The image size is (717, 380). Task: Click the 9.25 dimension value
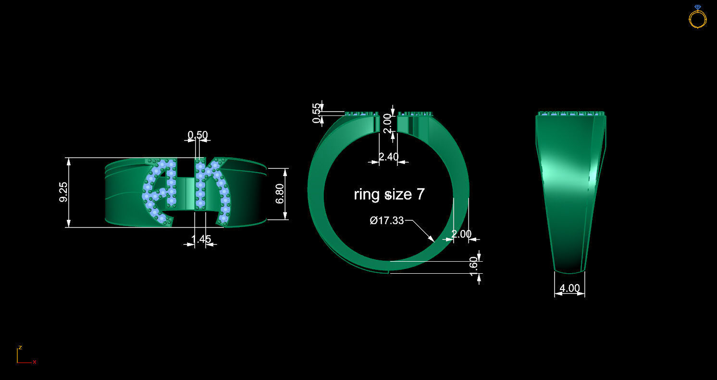(x=63, y=192)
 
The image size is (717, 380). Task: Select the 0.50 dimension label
(x=197, y=135)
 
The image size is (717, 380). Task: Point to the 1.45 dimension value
(x=201, y=239)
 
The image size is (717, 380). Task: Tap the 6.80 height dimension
(x=280, y=193)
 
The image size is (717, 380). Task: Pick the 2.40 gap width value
(x=388, y=157)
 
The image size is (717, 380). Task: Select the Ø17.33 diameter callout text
(x=387, y=221)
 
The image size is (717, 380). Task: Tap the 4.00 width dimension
(x=570, y=289)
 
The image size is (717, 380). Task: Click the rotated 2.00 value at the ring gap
(x=388, y=123)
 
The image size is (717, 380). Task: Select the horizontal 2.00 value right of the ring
(x=461, y=234)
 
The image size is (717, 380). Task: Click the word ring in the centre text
(x=367, y=194)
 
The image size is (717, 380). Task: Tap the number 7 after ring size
(x=420, y=194)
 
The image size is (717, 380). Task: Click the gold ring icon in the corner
(x=697, y=17)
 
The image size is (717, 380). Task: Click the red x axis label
(x=35, y=362)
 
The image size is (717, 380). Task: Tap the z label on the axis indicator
(x=20, y=347)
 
